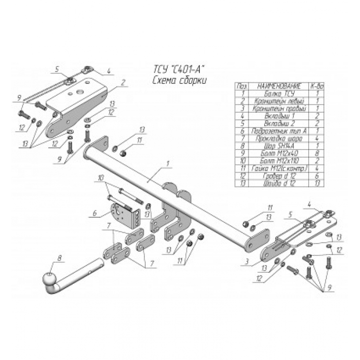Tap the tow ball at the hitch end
click(50, 279)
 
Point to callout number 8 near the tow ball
click(59, 259)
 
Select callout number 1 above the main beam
click(168, 163)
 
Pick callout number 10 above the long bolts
click(100, 177)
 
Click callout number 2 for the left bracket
click(123, 82)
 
